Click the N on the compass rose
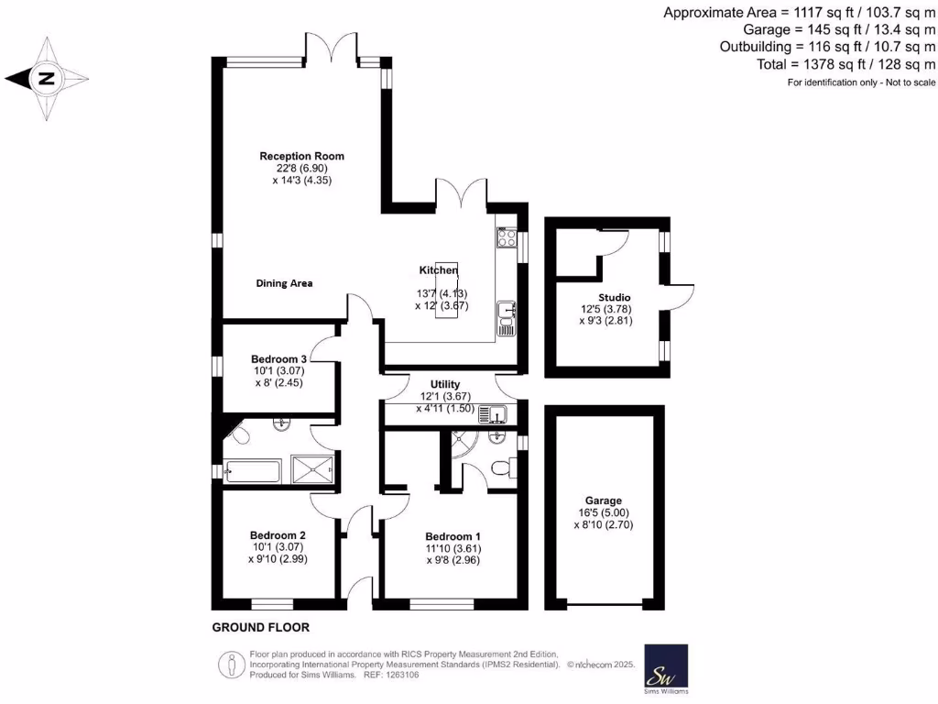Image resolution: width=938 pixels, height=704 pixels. click(44, 79)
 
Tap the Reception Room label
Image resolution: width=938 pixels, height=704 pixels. click(301, 156)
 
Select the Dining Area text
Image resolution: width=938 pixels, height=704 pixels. click(284, 283)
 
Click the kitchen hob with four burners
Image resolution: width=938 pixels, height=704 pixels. click(507, 238)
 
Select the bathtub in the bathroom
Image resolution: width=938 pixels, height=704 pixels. click(256, 471)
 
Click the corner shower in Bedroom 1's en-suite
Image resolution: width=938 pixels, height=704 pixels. click(458, 445)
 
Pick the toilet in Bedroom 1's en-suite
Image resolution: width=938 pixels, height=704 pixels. click(502, 468)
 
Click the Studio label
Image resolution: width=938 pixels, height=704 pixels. click(615, 297)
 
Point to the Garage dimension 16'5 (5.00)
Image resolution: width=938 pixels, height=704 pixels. click(604, 513)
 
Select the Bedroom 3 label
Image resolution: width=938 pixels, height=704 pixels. click(278, 358)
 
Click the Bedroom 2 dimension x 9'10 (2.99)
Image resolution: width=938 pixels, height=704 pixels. click(278, 559)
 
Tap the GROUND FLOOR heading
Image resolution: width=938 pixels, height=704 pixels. click(261, 628)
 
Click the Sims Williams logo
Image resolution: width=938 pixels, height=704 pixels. click(666, 668)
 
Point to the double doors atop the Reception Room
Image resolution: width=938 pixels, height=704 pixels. click(334, 46)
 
